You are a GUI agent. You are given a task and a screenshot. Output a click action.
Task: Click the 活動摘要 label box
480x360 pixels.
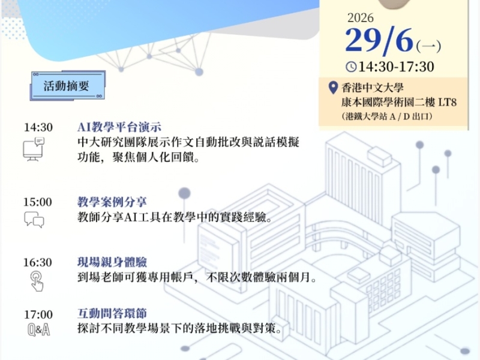(68, 85)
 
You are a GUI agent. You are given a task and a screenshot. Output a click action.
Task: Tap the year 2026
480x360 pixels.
(361, 18)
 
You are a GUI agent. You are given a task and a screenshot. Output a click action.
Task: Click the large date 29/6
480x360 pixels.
(379, 41)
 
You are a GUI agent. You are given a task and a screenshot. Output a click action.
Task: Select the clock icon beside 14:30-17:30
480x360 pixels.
(351, 67)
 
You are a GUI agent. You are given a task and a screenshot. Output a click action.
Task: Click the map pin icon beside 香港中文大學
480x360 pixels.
(333, 88)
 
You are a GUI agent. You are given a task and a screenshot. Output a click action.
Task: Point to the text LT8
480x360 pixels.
(448, 102)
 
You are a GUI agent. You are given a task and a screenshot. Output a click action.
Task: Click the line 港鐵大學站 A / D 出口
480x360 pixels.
(387, 116)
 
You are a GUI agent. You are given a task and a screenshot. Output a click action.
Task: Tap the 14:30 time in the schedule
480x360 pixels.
(38, 127)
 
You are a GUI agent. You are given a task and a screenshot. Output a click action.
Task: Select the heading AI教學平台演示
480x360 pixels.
(119, 127)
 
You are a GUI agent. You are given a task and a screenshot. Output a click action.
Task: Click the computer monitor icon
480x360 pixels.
(34, 149)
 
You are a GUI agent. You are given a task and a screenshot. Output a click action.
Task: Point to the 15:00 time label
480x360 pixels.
(38, 202)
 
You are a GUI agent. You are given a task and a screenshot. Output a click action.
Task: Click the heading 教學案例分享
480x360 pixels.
(112, 202)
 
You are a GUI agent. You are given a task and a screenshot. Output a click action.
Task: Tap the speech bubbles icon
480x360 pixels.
(34, 220)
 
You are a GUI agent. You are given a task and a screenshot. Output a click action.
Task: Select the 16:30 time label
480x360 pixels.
(38, 262)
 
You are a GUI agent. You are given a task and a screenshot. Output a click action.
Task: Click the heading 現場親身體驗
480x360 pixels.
(112, 262)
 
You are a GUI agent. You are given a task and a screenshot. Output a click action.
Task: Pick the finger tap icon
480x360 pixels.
(37, 281)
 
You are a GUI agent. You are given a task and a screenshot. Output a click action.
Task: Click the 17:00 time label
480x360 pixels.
(38, 314)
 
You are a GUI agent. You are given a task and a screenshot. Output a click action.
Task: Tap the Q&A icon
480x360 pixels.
(38, 330)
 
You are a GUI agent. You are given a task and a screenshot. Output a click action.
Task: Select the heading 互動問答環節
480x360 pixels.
(112, 313)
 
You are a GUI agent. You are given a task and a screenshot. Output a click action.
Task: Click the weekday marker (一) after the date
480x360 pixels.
(428, 47)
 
